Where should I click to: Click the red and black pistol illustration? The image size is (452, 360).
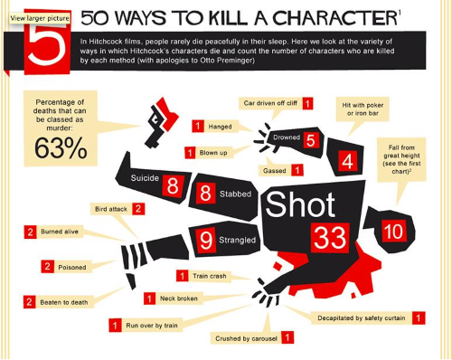161,122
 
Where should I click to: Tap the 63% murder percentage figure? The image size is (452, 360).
61,148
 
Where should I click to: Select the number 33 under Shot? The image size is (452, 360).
330,238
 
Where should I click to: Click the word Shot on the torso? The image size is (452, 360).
300,204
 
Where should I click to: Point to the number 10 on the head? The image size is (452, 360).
394,231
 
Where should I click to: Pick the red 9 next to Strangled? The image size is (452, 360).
206,240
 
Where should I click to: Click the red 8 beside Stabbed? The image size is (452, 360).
205,193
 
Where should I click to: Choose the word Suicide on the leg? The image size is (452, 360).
145,178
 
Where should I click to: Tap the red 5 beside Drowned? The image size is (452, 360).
311,140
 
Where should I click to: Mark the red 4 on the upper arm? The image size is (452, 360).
347,161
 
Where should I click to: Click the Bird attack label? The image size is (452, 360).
118,209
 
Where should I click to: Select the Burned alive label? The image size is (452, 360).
53,232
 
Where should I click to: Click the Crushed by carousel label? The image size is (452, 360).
252,338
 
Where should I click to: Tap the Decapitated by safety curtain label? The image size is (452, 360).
368,318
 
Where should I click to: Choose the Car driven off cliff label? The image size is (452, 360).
276,103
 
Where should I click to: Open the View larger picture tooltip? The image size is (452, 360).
40,18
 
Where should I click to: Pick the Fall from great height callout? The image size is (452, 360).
401,159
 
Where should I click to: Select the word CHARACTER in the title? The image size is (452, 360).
334,18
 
